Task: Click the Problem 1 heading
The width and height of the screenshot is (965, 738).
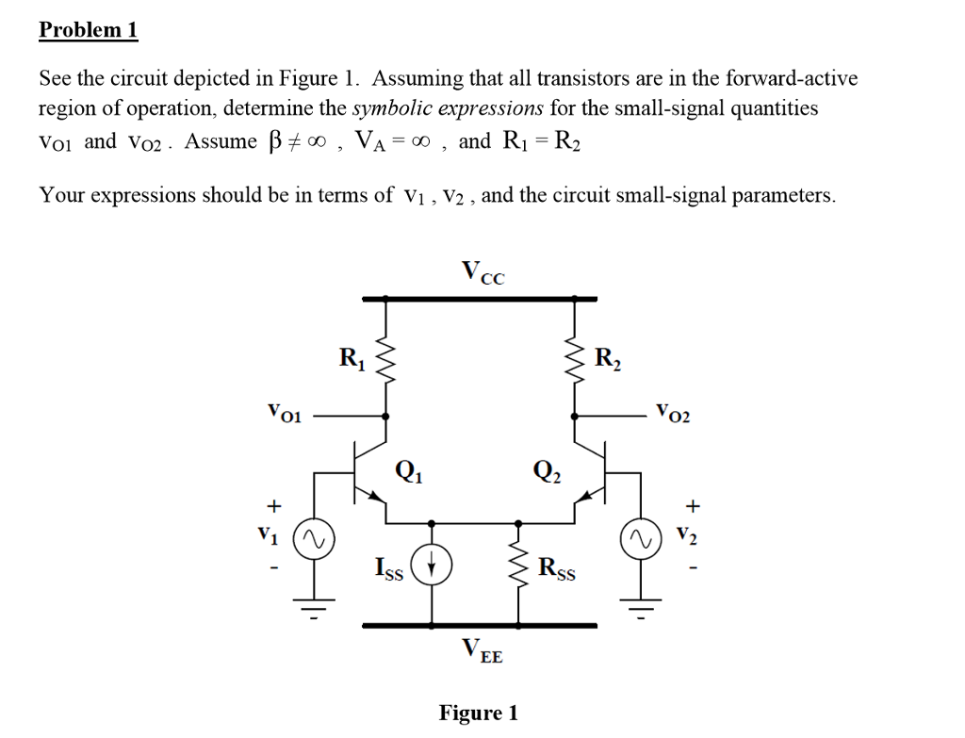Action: (x=88, y=30)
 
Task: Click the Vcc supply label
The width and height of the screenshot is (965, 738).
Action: (x=483, y=273)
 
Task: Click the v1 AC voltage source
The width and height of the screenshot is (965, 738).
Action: (x=314, y=540)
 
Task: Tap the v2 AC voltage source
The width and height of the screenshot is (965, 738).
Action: (x=646, y=540)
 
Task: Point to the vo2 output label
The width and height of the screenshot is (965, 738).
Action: (x=674, y=412)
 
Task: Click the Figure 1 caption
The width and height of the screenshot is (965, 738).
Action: (x=478, y=713)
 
